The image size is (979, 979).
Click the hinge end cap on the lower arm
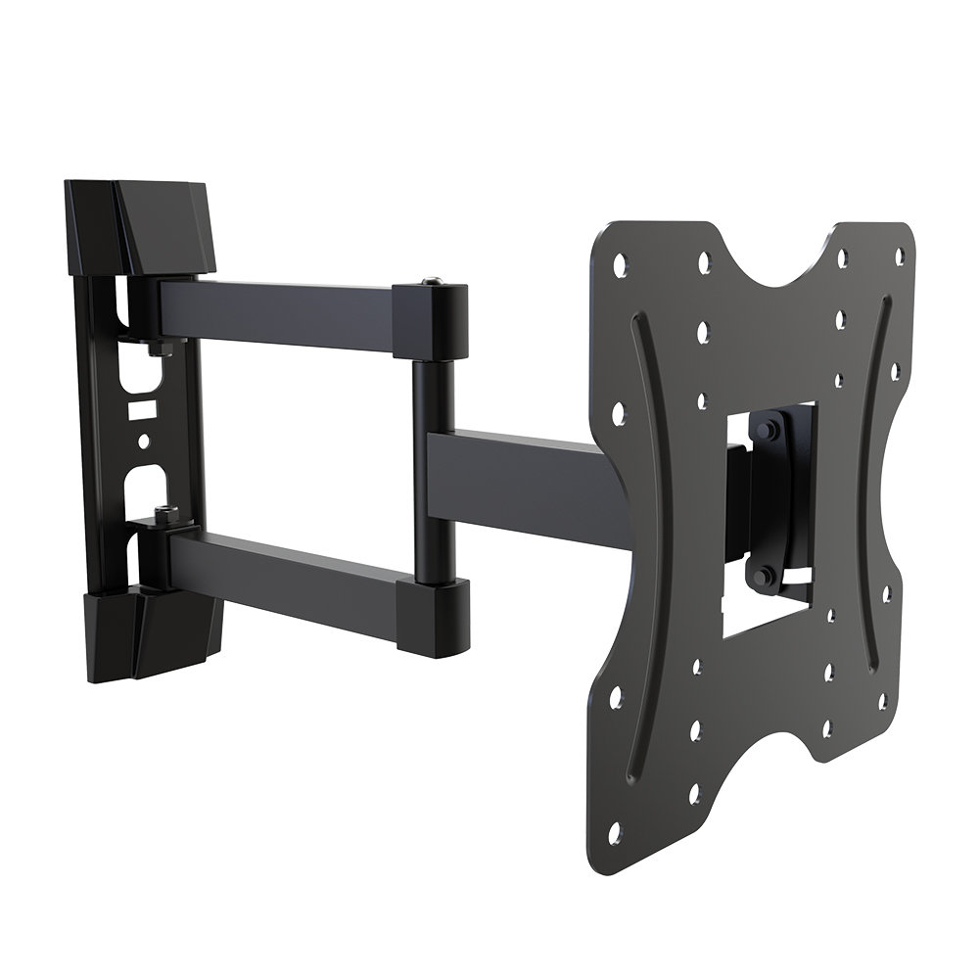click(431, 615)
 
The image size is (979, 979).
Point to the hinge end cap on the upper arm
click(431, 315)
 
